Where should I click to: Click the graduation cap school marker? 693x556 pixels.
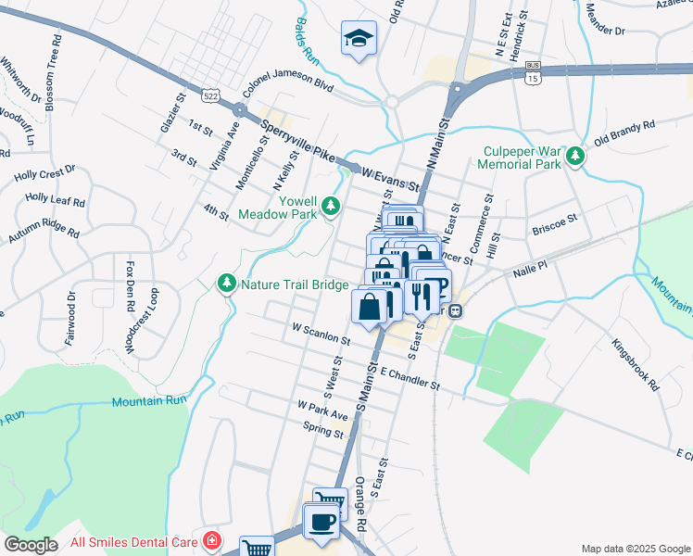click(x=356, y=38)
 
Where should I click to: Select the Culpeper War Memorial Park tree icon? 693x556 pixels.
click(x=576, y=156)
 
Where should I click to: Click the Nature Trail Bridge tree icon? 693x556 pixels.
click(x=226, y=282)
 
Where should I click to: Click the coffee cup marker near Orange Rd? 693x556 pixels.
click(x=322, y=522)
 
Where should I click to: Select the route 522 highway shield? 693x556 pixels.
click(x=211, y=96)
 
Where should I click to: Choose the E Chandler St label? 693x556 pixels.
click(x=408, y=375)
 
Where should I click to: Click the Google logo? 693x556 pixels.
click(x=31, y=545)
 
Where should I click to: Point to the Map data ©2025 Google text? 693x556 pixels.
click(x=634, y=549)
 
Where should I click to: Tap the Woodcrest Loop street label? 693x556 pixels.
click(x=152, y=322)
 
